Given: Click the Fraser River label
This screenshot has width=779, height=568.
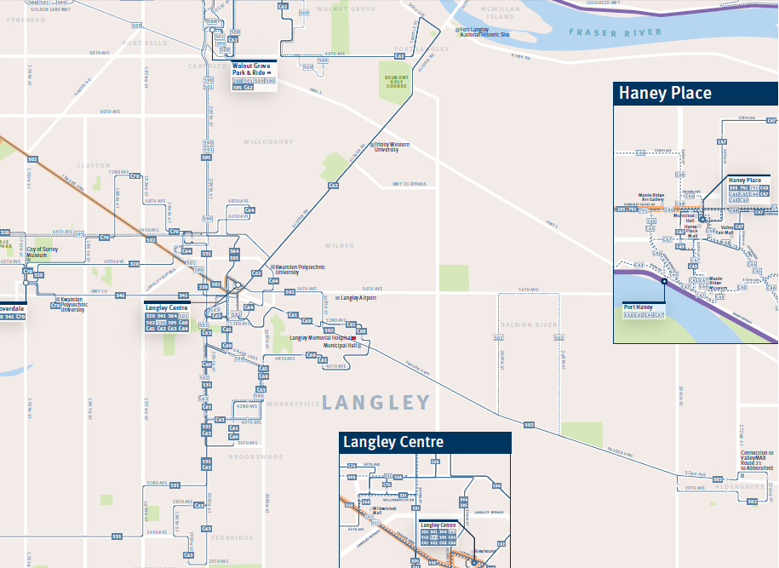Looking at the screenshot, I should tap(615, 32).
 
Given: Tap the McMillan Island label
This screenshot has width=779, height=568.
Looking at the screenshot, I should tap(499, 11).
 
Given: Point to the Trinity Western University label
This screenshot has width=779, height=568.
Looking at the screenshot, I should tap(392, 147).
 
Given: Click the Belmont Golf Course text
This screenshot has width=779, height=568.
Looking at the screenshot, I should tap(397, 82).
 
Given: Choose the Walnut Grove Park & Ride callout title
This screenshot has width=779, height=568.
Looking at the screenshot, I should tap(252, 68).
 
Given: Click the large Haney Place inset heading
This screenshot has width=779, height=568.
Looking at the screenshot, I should tap(665, 93).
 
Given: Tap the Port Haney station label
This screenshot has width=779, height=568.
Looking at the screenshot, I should tap(638, 307).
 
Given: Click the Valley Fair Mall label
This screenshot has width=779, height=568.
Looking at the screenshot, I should tap(727, 230).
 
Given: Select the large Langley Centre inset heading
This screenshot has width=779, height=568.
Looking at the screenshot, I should tap(392, 442).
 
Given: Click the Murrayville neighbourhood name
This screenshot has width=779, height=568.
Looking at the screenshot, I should tap(291, 402).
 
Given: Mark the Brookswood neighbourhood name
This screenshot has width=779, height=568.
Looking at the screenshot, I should tap(255, 457).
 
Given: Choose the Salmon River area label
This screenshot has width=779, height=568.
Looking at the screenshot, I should tap(529, 325).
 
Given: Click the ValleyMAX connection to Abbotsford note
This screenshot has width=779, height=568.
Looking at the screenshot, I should tap(757, 461).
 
